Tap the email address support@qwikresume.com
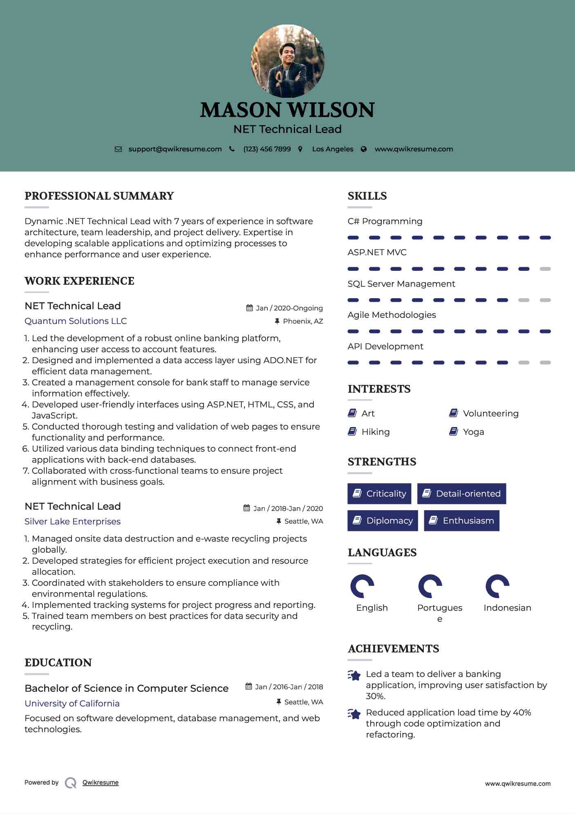tap(175, 149)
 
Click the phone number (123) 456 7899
tap(267, 149)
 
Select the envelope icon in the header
tap(118, 149)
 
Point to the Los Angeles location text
tap(332, 149)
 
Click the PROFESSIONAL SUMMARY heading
tap(99, 196)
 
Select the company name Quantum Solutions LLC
tap(76, 321)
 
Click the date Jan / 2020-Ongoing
tap(289, 308)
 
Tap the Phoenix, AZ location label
tap(303, 322)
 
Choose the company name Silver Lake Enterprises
tap(72, 522)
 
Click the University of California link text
tap(72, 704)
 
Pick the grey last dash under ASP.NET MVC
tap(545, 269)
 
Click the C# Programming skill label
tap(385, 221)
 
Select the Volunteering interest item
tap(490, 414)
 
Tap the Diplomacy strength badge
tap(383, 521)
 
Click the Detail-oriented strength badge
tap(461, 494)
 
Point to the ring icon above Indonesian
tap(497, 586)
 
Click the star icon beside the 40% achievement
tap(354, 714)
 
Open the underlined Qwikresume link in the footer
tap(101, 783)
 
